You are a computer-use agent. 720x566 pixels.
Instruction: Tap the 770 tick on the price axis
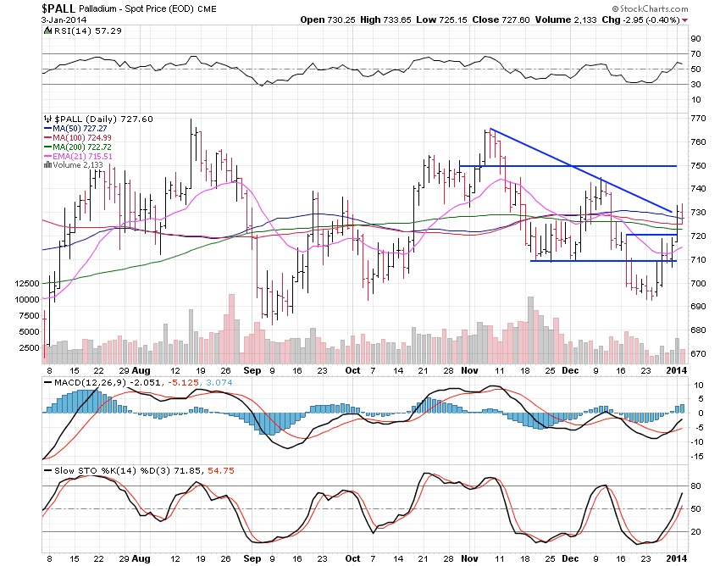[695, 119]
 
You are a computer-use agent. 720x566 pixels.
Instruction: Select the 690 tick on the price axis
[695, 306]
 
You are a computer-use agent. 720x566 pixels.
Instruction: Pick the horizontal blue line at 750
[576, 165]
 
